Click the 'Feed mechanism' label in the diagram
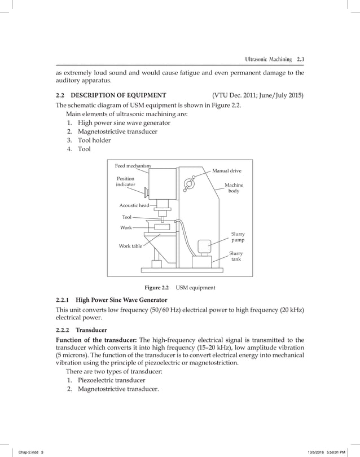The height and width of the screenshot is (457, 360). coord(133,165)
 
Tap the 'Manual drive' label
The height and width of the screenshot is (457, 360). coord(227,169)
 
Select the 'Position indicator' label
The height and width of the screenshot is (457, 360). coord(125,181)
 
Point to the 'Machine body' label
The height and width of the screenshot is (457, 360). coord(233,188)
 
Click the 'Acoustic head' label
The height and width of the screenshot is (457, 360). coord(134,206)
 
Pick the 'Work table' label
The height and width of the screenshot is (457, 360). coord(130,246)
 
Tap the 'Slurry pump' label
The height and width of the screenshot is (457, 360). coord(238,236)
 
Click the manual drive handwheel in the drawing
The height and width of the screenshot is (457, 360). coord(190,184)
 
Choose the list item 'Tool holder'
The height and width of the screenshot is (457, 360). coord(94,140)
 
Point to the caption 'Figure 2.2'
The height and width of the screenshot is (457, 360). coord(156,288)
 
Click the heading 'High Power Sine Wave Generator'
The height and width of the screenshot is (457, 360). coord(121,300)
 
